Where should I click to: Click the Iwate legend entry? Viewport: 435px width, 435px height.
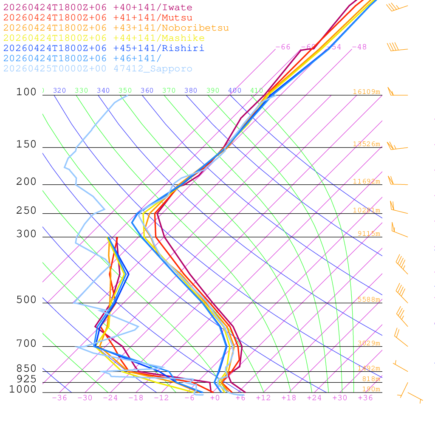pos(98,8)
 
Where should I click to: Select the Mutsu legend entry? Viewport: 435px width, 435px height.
pos(98,18)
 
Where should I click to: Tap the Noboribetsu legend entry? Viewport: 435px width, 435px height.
pos(116,28)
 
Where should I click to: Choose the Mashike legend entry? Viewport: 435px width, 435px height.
pos(104,38)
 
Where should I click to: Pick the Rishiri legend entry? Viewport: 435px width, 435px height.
pos(104,48)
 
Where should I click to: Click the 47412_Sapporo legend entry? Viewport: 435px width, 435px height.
pos(98,69)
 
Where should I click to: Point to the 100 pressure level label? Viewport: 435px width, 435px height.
pos(26,92)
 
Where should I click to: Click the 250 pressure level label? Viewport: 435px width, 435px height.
pos(26,211)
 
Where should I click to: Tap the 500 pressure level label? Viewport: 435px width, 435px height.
pos(26,300)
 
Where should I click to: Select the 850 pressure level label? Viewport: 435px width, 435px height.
pos(26,369)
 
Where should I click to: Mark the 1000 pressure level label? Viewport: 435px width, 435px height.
pos(23,390)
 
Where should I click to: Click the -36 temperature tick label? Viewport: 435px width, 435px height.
pos(59,398)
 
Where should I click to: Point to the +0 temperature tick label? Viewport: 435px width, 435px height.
pos(215,398)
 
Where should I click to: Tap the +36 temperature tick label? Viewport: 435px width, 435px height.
pos(365,398)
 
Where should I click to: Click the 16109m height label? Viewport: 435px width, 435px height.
pos(367,92)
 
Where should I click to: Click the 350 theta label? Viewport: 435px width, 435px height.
pos(125,90)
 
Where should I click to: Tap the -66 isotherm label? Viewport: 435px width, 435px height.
pos(283,47)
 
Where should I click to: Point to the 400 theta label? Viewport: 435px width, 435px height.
pos(234,90)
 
